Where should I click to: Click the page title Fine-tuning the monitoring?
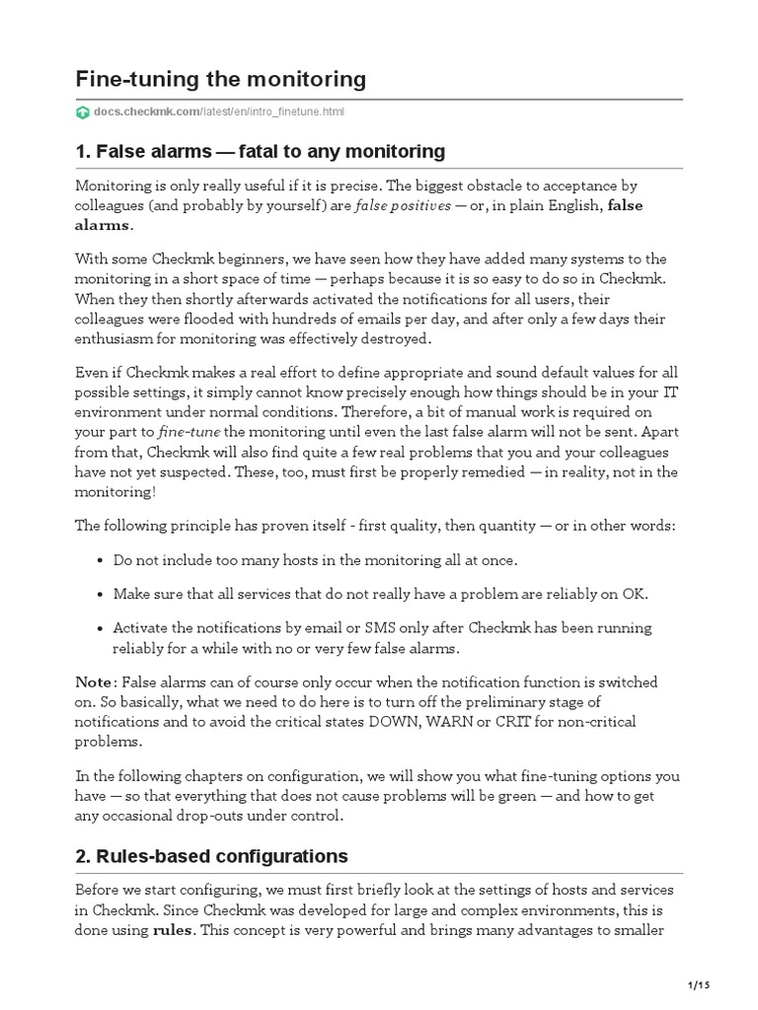pyautogui.click(x=220, y=79)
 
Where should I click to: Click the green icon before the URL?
pyautogui.click(x=83, y=112)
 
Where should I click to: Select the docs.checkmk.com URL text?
pyautogui.click(x=219, y=112)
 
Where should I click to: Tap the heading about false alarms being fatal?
pyautogui.click(x=261, y=151)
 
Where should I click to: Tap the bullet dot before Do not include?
pyautogui.click(x=101, y=560)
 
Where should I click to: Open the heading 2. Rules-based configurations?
pyautogui.click(x=211, y=855)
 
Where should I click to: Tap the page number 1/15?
pyautogui.click(x=699, y=986)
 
